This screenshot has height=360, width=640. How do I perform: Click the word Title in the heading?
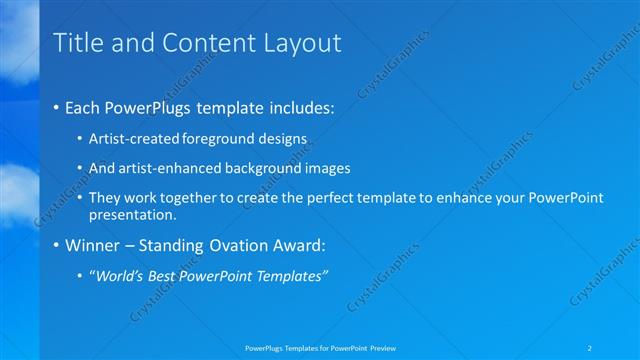click(75, 43)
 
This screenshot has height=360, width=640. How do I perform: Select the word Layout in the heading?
click(302, 43)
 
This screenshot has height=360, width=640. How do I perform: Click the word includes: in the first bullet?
click(297, 107)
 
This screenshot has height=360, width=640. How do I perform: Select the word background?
click(250, 168)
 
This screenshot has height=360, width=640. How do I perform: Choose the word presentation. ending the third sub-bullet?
click(132, 214)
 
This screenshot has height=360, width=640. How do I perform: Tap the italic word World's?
click(120, 276)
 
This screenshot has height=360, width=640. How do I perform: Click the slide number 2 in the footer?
click(592, 347)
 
